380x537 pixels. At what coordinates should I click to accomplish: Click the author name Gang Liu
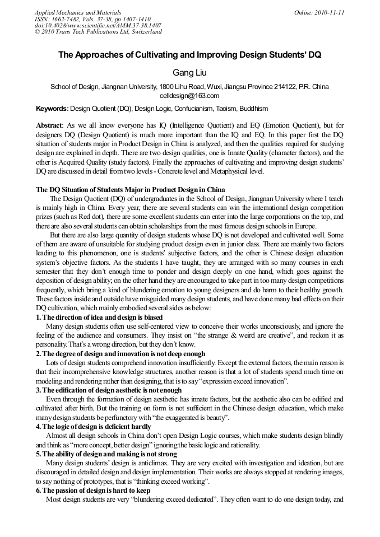tap(189, 73)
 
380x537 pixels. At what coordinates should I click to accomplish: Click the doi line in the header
tap(98, 25)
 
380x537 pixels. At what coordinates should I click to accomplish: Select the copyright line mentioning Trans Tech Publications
tap(98, 32)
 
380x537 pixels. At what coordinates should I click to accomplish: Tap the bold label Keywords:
tap(52, 108)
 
